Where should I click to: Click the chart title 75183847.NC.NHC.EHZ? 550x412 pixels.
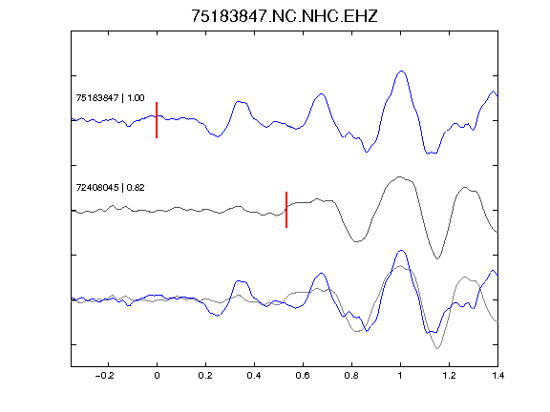[285, 16]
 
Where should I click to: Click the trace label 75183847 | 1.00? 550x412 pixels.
[110, 97]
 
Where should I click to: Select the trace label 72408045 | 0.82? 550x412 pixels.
[110, 188]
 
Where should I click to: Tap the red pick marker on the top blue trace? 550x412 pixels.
[157, 120]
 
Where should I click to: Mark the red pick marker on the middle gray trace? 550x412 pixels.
[286, 210]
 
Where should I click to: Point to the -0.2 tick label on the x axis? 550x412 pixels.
[105, 376]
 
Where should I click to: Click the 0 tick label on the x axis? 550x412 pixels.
[157, 376]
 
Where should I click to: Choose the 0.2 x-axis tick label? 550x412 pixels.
[205, 376]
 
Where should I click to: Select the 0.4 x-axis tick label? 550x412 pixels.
[254, 376]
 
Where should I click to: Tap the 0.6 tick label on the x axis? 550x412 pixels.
[303, 376]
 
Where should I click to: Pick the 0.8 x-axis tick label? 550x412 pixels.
[351, 376]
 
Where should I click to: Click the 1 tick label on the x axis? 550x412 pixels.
[400, 376]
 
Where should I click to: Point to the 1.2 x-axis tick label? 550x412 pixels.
[449, 376]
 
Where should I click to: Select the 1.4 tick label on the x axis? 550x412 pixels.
[497, 376]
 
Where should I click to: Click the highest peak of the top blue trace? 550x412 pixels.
[402, 72]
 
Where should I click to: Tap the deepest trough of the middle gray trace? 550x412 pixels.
[437, 258]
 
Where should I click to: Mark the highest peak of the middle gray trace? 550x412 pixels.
[399, 177]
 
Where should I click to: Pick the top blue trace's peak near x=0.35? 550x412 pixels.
[240, 102]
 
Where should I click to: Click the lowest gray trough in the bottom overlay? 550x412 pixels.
[437, 348]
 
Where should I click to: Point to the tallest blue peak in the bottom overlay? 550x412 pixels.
[402, 251]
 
